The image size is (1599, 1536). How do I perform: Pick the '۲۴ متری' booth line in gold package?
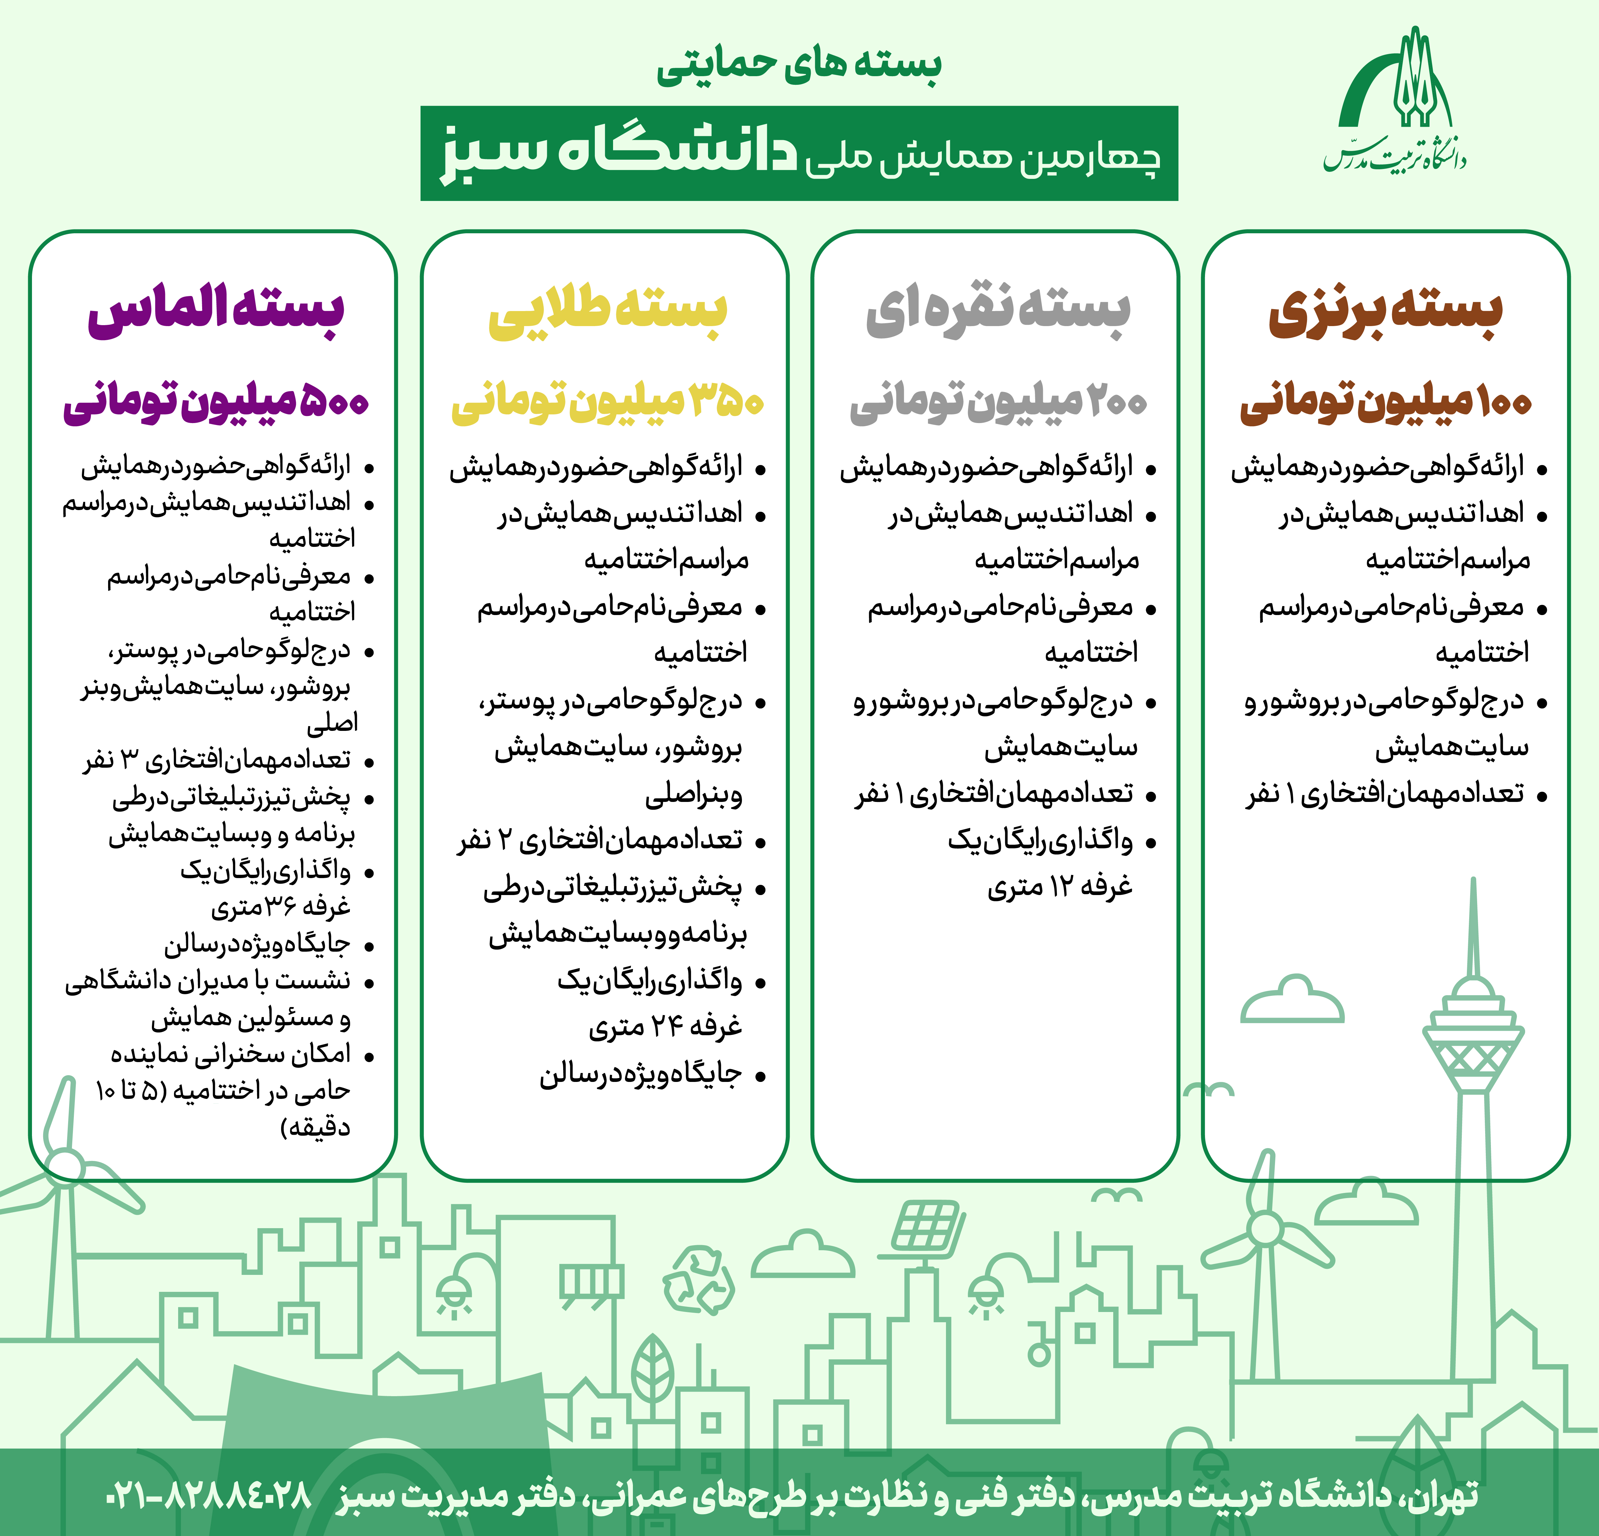pyautogui.click(x=665, y=1027)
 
